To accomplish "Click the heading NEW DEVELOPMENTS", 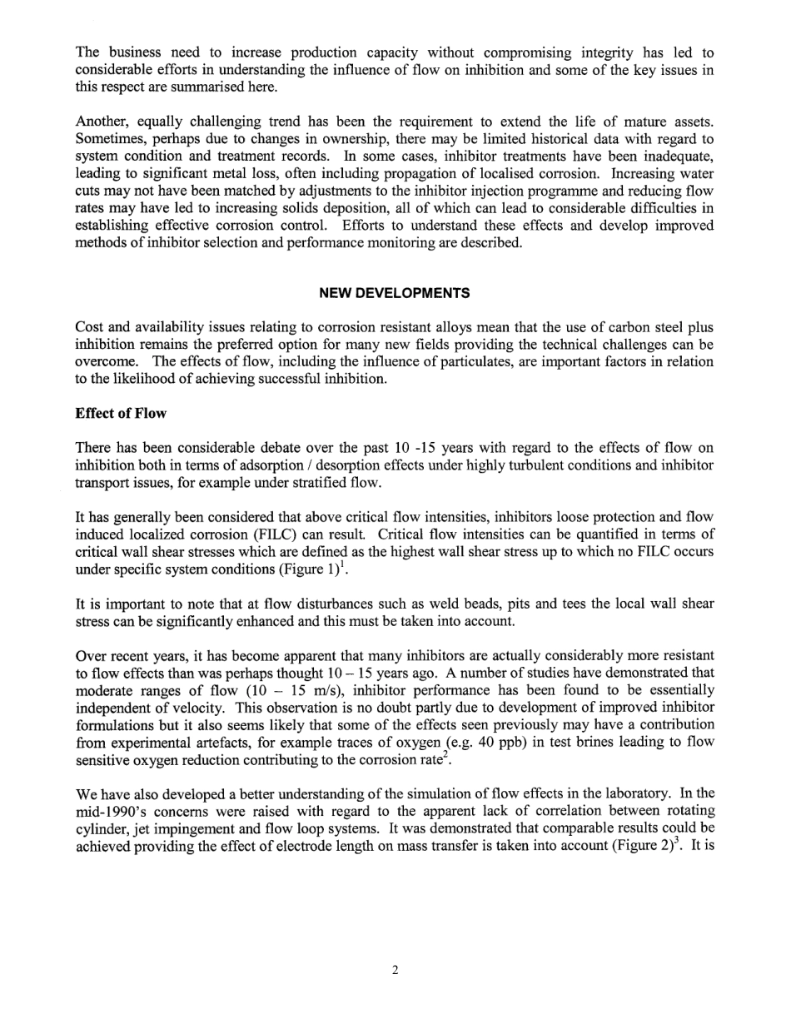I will tap(395, 293).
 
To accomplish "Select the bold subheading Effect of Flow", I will tap(121, 414).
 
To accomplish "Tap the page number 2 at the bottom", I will tap(395, 970).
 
